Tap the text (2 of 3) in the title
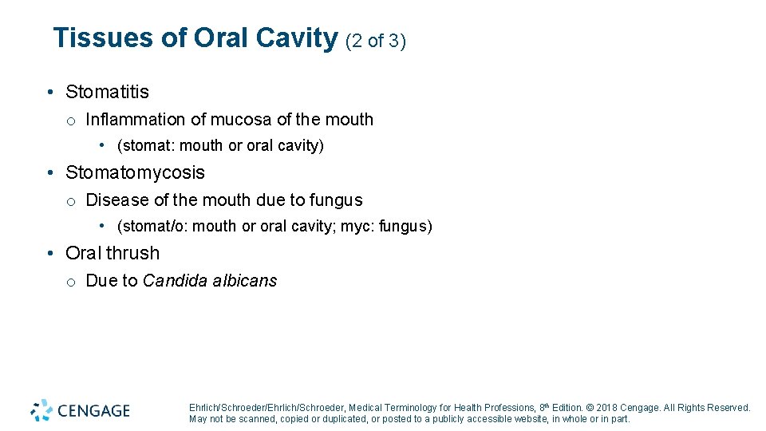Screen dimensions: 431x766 [x=376, y=40]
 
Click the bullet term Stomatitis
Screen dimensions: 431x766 [x=107, y=93]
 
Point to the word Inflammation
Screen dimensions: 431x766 [x=136, y=120]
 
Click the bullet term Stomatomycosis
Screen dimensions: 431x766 [x=135, y=173]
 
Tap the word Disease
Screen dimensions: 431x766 [x=116, y=200]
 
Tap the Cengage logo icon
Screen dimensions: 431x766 [x=41, y=410]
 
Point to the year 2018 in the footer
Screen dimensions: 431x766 [x=607, y=408]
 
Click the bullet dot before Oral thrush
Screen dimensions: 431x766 [x=49, y=254]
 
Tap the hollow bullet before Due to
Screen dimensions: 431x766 [x=71, y=282]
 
